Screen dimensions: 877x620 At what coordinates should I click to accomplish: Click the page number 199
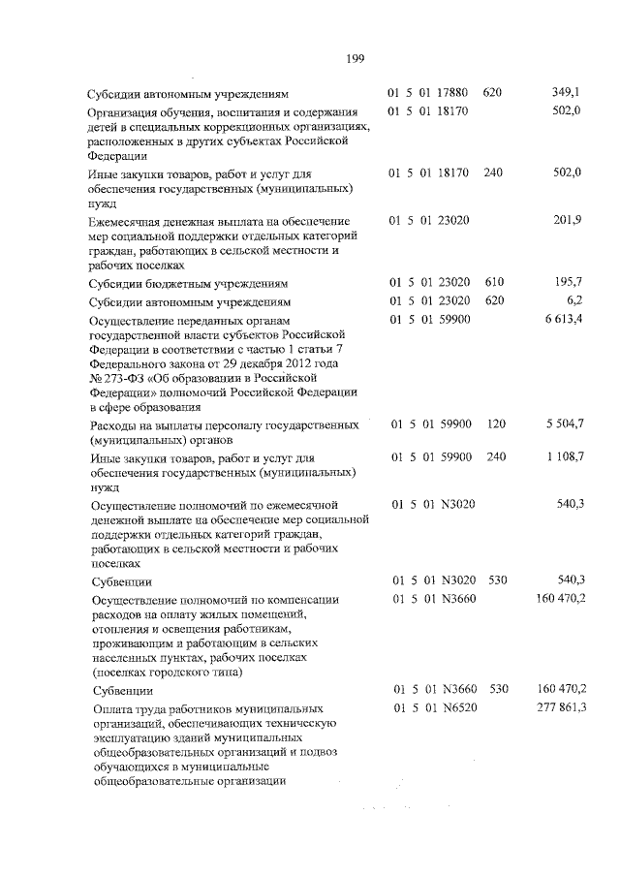point(354,59)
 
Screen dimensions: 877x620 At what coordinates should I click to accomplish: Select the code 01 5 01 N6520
point(429,709)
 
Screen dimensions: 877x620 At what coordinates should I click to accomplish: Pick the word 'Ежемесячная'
point(131,222)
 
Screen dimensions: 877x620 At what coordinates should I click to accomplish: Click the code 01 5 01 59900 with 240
point(429,455)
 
